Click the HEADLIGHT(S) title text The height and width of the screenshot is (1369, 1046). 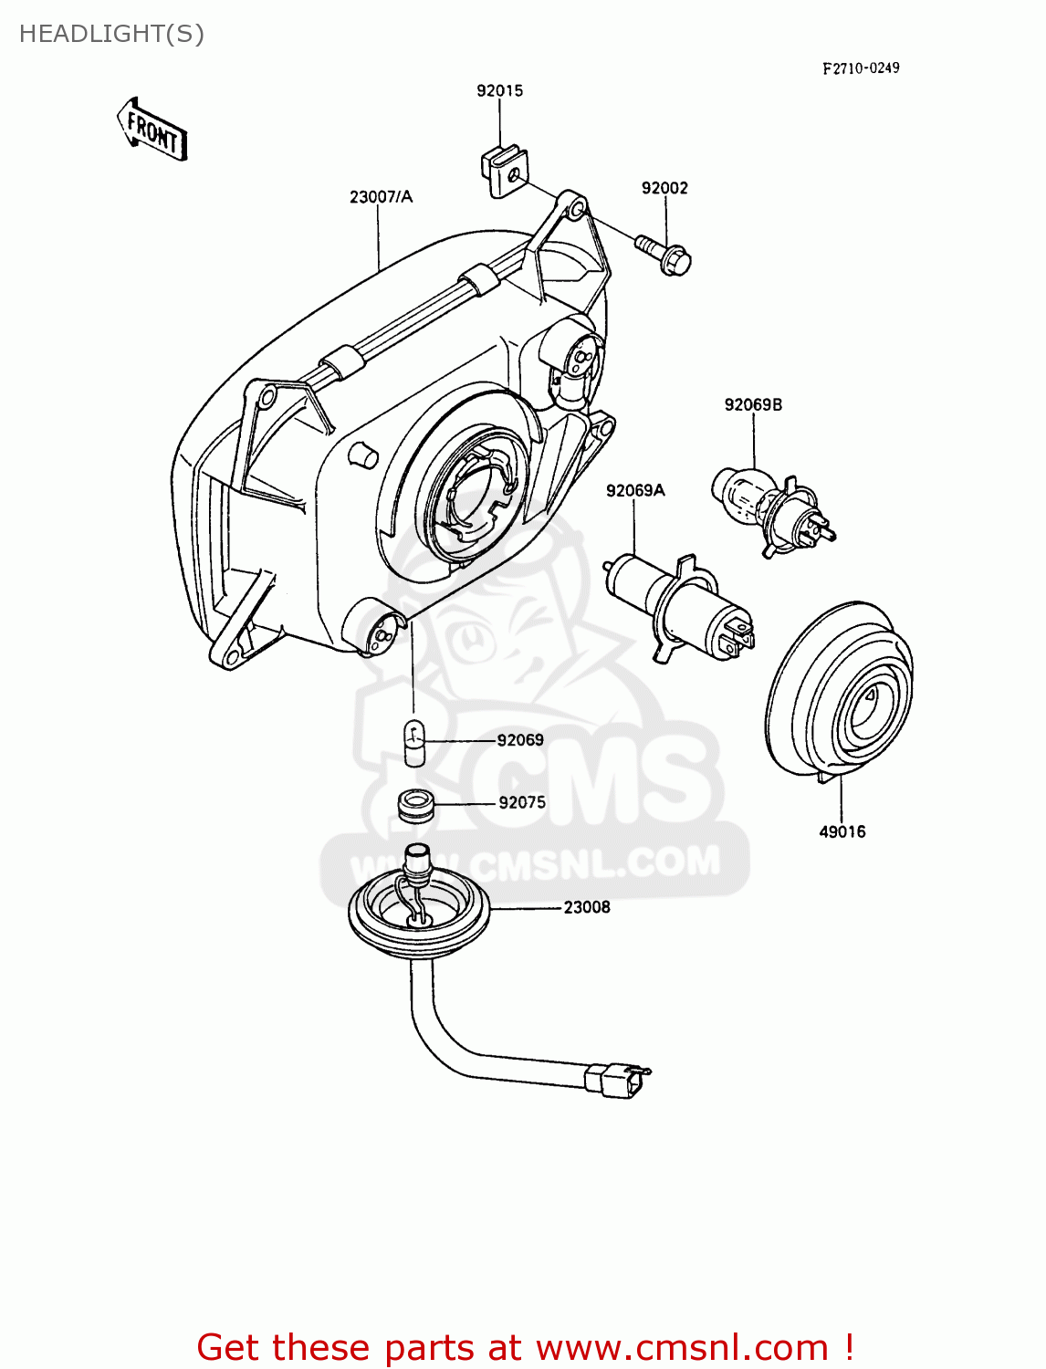click(x=111, y=34)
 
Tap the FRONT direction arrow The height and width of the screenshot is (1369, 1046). click(x=152, y=131)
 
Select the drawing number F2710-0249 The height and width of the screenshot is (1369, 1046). click(x=860, y=68)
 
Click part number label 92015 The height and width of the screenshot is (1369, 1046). click(x=499, y=90)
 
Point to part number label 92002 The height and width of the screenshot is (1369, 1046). click(x=664, y=188)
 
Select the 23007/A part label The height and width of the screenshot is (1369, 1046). click(x=381, y=196)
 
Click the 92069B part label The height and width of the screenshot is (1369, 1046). click(x=753, y=404)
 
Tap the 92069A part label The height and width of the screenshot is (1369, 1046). click(x=635, y=490)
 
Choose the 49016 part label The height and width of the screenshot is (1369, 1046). click(x=842, y=831)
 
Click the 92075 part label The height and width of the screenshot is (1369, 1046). click(x=522, y=802)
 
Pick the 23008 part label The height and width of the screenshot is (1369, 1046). click(x=586, y=907)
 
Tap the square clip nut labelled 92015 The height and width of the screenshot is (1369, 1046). click(x=503, y=171)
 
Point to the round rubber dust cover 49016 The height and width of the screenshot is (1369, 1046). click(x=839, y=691)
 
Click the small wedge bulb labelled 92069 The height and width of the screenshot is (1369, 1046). click(x=415, y=742)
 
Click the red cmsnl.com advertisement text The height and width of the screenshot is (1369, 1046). click(x=526, y=1347)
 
